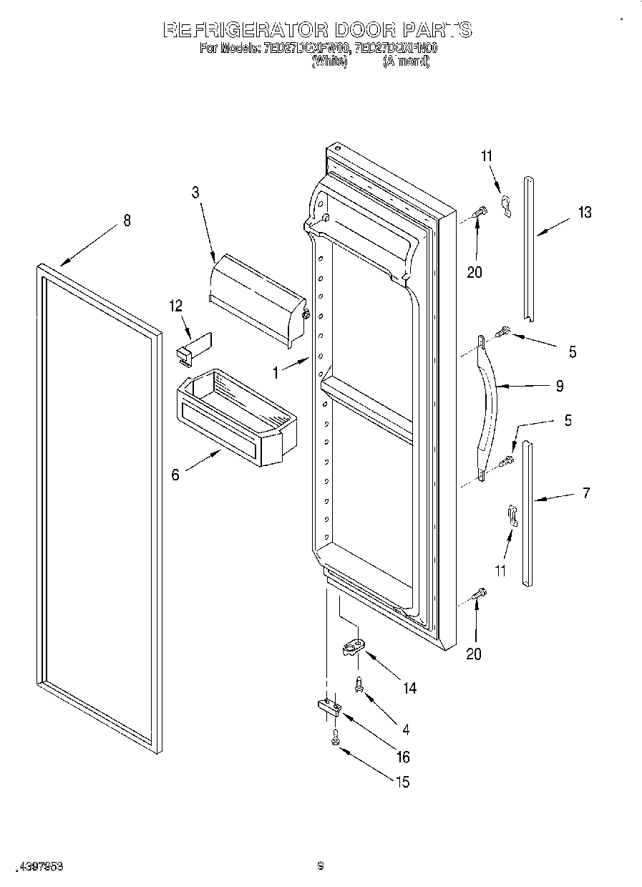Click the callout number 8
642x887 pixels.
[127, 220]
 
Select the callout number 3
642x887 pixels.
[195, 192]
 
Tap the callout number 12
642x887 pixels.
[176, 306]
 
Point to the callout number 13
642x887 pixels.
[585, 212]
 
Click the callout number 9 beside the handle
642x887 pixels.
[559, 387]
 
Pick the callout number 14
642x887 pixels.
[409, 688]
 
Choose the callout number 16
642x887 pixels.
[403, 757]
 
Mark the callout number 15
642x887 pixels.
[403, 782]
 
